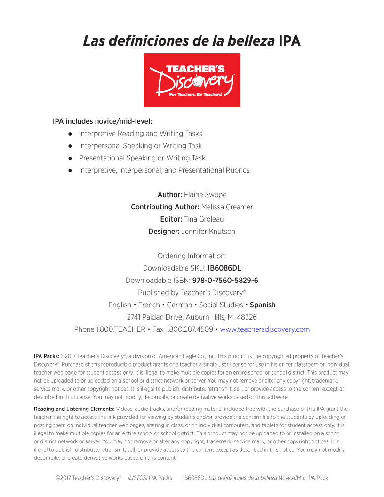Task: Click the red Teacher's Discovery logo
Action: (192, 80)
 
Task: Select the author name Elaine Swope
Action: (205, 195)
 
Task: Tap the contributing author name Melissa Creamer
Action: (227, 207)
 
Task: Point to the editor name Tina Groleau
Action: (204, 219)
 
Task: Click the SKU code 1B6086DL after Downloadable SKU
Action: (224, 268)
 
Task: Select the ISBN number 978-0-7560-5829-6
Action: (225, 281)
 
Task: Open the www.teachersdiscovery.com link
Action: (265, 329)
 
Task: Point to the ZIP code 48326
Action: (247, 317)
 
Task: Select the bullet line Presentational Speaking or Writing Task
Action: (142, 158)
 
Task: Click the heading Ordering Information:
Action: (192, 256)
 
